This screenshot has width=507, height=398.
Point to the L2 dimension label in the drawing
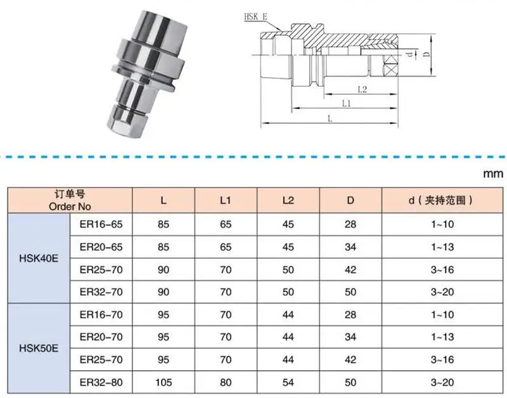362,89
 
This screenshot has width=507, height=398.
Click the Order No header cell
70,201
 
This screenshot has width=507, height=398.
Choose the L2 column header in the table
288,201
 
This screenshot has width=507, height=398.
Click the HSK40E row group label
38,258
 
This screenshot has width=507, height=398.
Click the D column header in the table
350,201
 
